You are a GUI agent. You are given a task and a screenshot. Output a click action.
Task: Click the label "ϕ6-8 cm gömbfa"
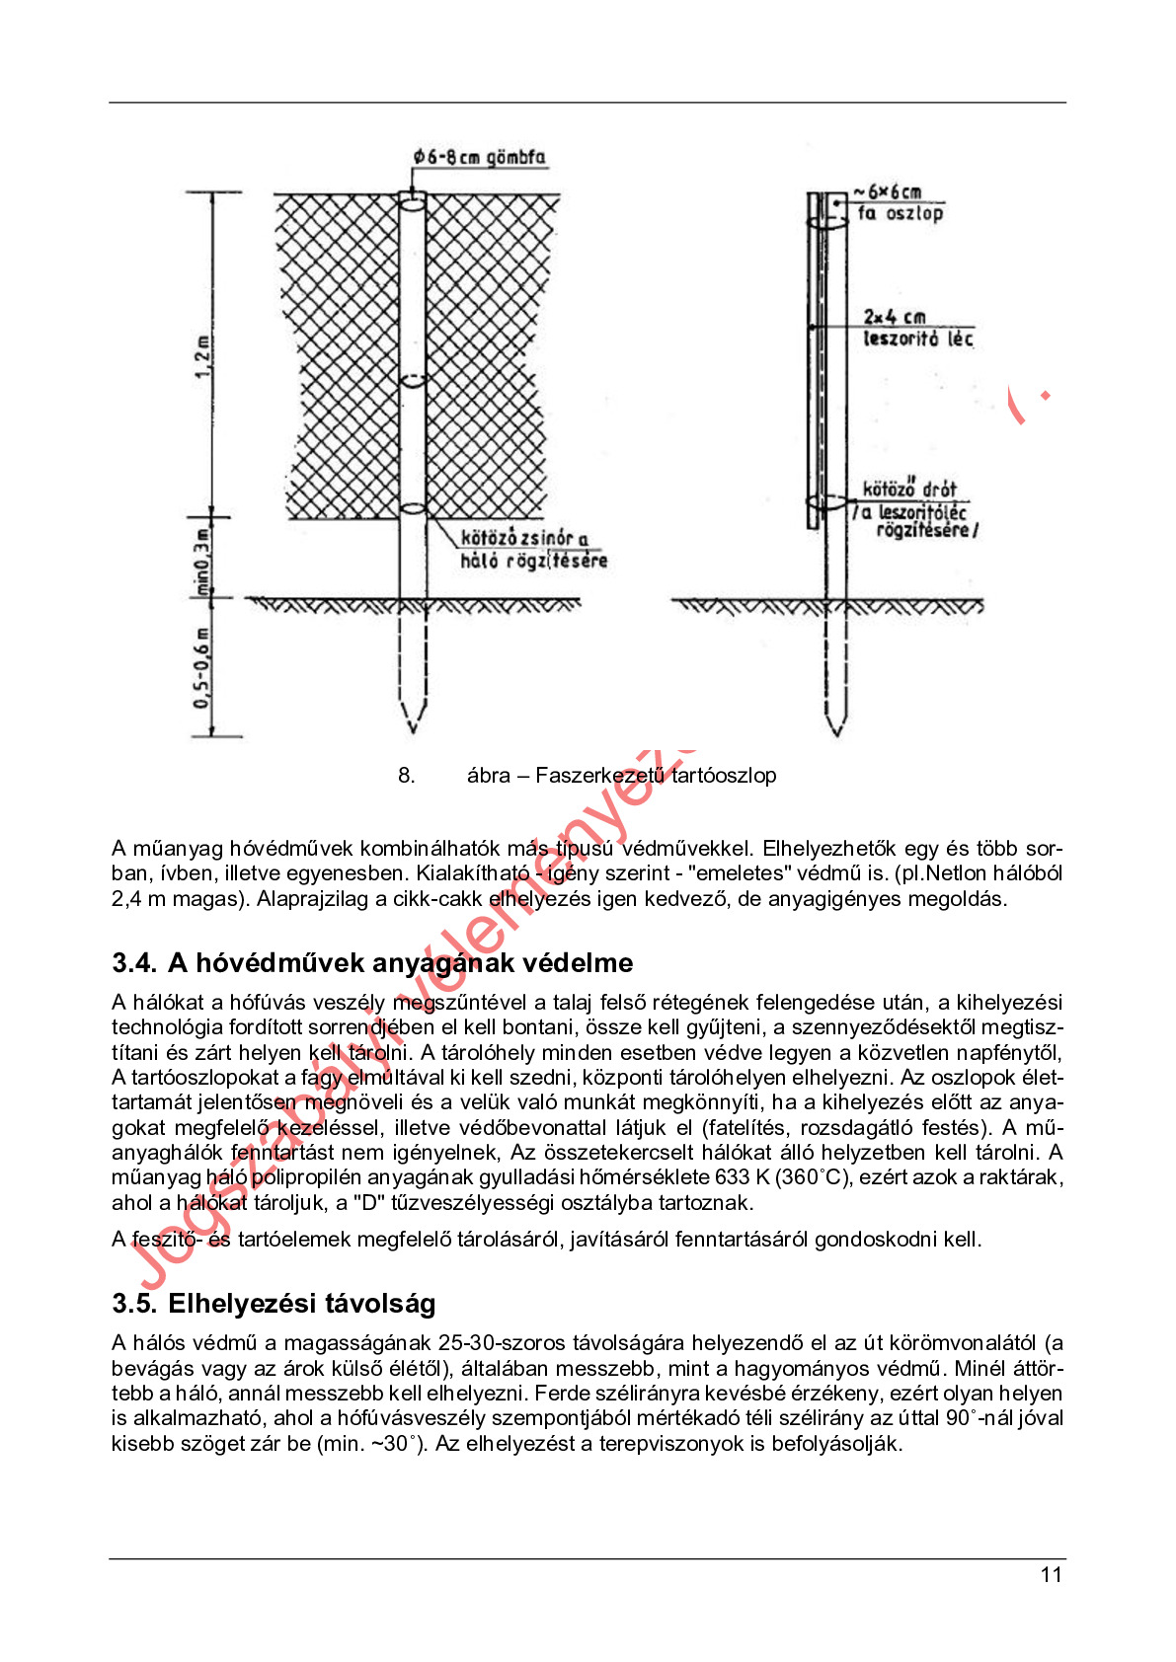click(x=479, y=157)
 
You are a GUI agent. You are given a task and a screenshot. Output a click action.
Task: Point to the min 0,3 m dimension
click(x=202, y=562)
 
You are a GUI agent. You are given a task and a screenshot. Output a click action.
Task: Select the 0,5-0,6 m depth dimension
click(x=202, y=668)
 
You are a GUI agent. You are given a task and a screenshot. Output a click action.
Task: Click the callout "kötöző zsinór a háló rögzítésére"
click(x=532, y=550)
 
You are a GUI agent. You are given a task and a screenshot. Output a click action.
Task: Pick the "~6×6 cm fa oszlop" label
click(x=898, y=202)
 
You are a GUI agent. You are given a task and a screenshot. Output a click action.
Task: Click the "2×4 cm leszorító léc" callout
click(x=917, y=328)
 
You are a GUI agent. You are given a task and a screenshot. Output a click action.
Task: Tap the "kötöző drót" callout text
click(x=909, y=489)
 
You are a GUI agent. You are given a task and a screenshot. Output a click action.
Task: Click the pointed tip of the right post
click(x=835, y=731)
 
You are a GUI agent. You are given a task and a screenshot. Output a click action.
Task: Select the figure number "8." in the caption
click(x=407, y=776)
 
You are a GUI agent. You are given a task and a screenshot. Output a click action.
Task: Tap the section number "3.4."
click(x=134, y=962)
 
